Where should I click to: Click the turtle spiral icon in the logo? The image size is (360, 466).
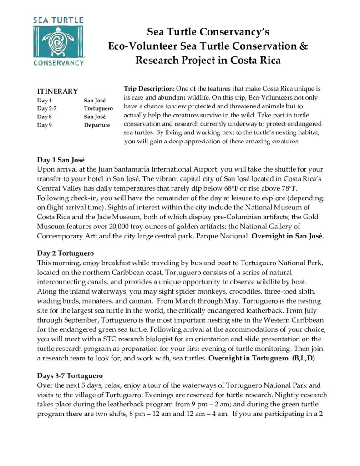click(58, 41)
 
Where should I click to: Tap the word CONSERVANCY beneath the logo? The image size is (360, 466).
click(58, 62)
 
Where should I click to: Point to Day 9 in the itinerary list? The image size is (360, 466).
click(45, 125)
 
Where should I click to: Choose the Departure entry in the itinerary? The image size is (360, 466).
click(96, 125)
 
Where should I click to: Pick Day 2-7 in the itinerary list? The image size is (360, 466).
click(47, 109)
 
